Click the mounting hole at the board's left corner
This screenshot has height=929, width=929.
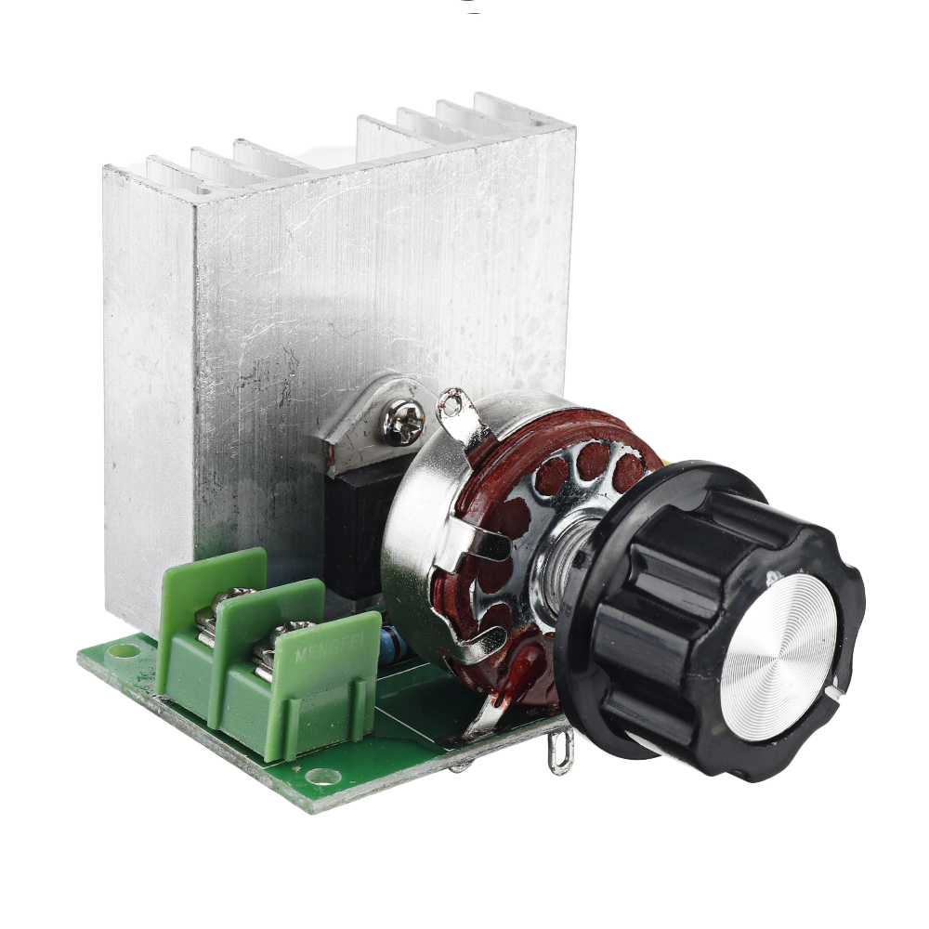tap(119, 650)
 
